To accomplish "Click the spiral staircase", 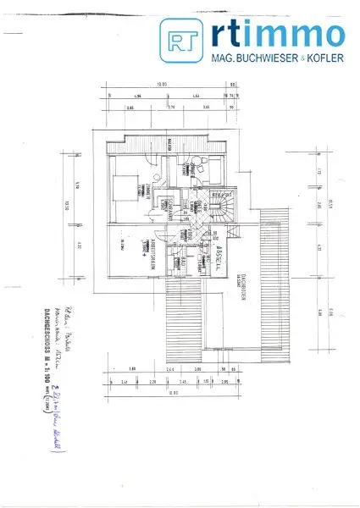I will pos(224,208).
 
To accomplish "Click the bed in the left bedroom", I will pos(125,186).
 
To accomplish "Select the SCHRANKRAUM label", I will pos(170,207).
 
